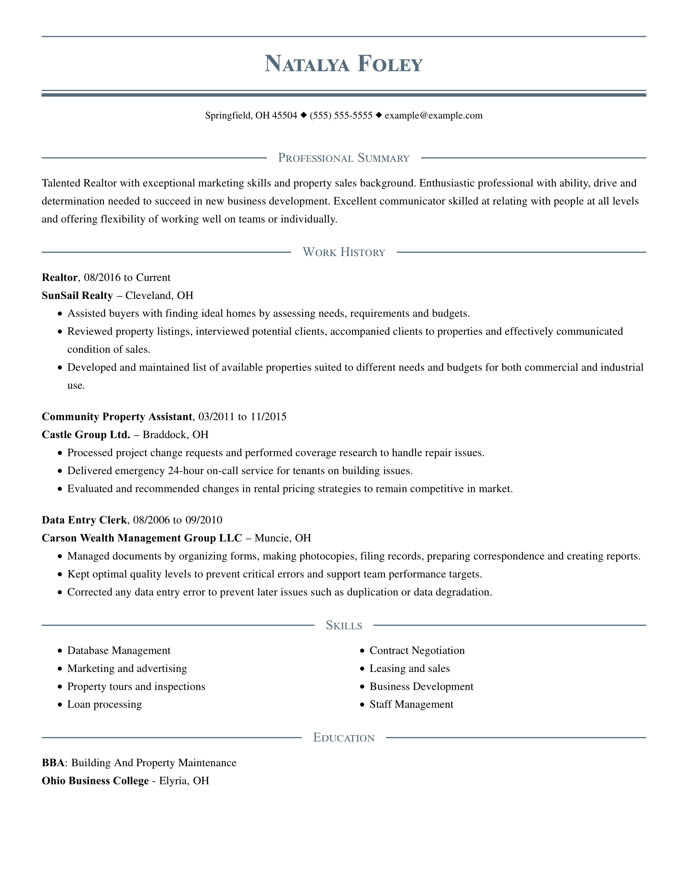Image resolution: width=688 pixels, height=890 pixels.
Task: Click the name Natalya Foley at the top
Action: tap(344, 64)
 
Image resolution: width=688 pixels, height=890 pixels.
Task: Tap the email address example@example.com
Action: tap(433, 115)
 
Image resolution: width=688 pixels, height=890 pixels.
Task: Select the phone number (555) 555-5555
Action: tap(341, 115)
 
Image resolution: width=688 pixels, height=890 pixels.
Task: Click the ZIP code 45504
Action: tap(285, 115)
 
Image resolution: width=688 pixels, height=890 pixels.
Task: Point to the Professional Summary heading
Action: tap(344, 158)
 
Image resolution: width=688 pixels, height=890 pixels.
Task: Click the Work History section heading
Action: tap(344, 252)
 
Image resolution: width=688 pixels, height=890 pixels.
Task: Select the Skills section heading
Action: tap(344, 625)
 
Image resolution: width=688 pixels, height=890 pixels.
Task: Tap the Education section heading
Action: tap(344, 737)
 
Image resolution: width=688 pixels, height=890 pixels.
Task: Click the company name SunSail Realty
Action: tap(77, 295)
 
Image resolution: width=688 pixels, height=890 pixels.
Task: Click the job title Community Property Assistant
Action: tap(117, 416)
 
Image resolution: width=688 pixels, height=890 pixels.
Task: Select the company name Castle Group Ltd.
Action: tap(85, 434)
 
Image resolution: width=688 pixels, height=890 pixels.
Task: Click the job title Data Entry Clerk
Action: tap(84, 520)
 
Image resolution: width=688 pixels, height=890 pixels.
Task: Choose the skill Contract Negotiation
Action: tap(417, 651)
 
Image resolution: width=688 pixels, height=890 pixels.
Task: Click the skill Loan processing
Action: tap(104, 704)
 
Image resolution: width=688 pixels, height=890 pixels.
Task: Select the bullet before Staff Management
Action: tap(362, 705)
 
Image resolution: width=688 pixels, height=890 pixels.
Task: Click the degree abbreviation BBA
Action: tap(53, 763)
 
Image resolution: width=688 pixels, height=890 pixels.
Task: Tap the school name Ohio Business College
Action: tap(95, 781)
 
